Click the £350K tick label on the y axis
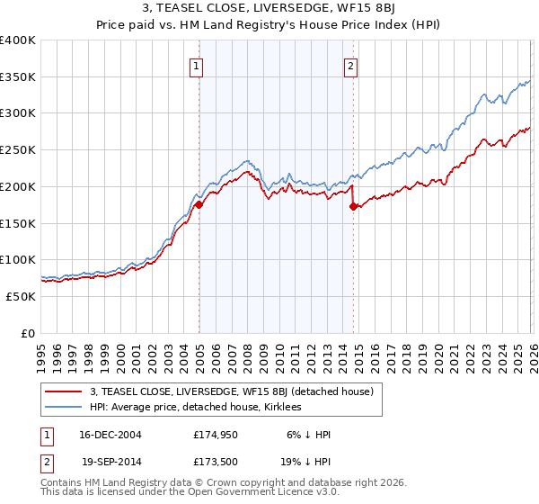click(18, 77)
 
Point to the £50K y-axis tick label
click(21, 296)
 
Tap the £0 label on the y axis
click(28, 333)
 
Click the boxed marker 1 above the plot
click(196, 65)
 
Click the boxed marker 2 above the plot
click(350, 65)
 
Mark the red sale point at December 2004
click(199, 205)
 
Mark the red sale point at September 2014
click(353, 206)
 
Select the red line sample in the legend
click(63, 391)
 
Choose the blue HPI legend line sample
click(63, 407)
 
